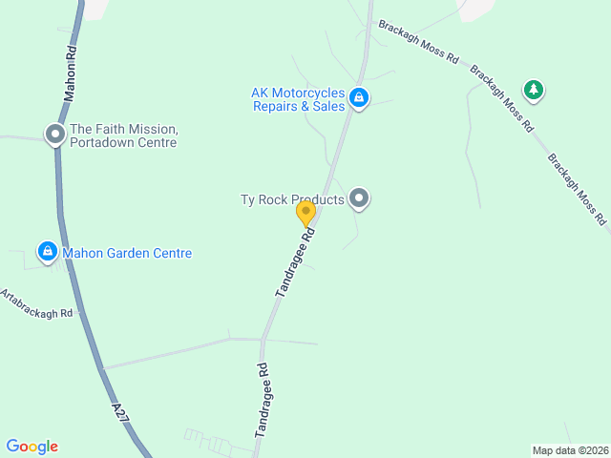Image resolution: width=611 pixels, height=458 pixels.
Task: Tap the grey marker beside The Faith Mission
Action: [55, 135]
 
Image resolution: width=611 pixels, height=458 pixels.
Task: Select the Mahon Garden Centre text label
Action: [127, 253]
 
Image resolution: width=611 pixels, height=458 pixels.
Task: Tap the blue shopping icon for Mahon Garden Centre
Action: [47, 252]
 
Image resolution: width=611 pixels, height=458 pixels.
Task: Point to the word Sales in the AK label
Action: [327, 107]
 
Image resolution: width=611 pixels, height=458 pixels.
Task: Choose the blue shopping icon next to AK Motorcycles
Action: [359, 97]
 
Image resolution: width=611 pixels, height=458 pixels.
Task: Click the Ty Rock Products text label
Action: [291, 199]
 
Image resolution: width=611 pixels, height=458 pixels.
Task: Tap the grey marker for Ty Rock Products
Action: [359, 198]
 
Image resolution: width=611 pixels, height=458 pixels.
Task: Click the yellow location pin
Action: [305, 213]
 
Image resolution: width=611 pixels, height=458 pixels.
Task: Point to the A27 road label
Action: [119, 413]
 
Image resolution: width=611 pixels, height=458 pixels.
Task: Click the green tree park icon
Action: [534, 90]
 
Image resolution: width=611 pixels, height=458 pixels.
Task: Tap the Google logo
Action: [32, 447]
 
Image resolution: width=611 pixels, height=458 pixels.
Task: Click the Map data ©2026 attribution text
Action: [569, 450]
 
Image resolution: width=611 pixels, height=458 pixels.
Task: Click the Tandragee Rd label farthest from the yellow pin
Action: [264, 400]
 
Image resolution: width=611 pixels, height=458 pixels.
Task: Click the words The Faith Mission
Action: [124, 129]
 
